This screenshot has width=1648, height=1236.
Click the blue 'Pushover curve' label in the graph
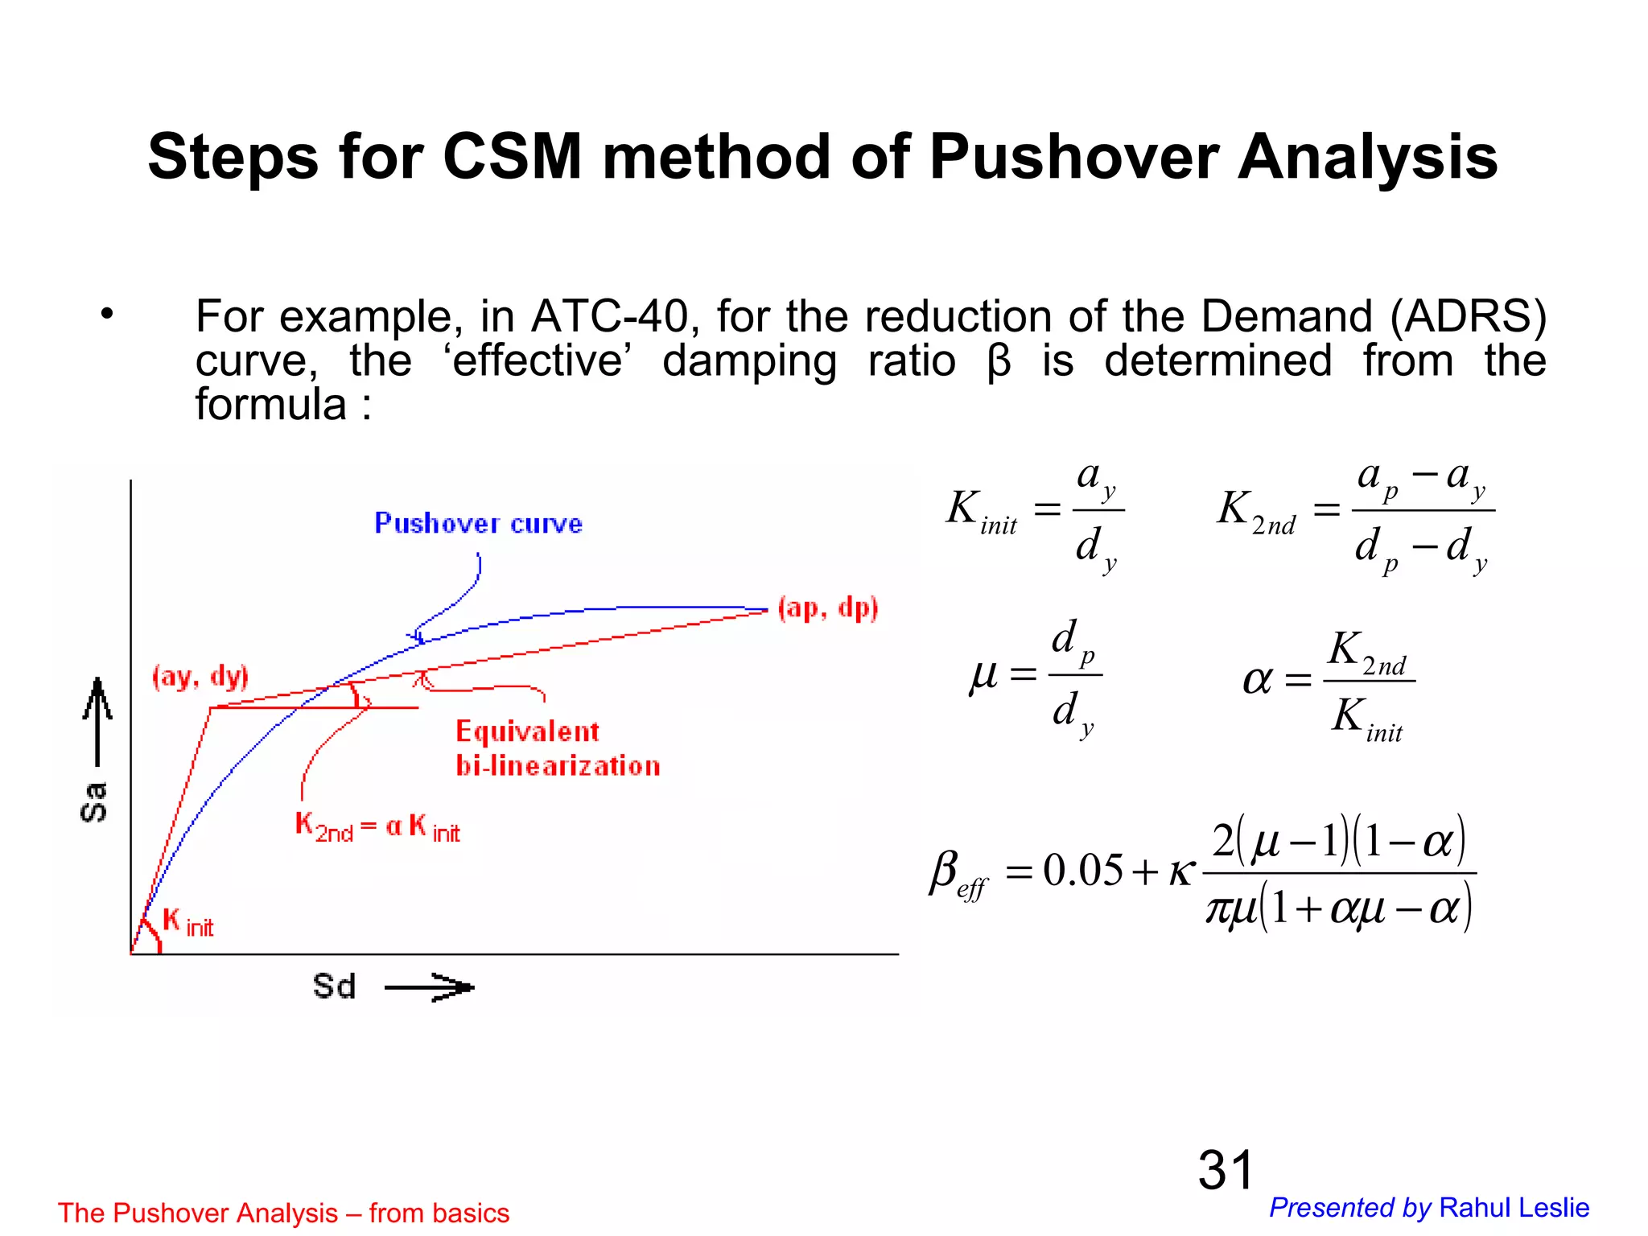click(x=478, y=524)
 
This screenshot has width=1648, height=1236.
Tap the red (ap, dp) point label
click(x=828, y=608)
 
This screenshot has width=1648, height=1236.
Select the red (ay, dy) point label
click(x=200, y=677)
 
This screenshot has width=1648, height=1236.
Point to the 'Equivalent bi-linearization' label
click(x=557, y=748)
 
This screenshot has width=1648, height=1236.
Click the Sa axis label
click(x=94, y=801)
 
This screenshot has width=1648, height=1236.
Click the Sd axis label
click(x=334, y=987)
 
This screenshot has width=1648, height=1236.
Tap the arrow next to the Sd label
click(x=430, y=987)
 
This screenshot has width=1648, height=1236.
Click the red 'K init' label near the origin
click(x=187, y=922)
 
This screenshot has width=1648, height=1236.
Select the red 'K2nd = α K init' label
click(x=377, y=827)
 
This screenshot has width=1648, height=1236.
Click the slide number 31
click(x=1226, y=1170)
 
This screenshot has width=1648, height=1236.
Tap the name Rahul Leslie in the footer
click(x=1514, y=1208)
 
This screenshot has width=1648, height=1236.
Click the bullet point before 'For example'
click(x=107, y=315)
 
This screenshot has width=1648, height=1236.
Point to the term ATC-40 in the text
click(x=609, y=316)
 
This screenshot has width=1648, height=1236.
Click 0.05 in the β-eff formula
click(x=1082, y=871)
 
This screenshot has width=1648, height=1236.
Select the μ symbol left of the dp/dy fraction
click(x=983, y=675)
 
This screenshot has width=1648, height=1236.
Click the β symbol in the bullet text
click(x=999, y=362)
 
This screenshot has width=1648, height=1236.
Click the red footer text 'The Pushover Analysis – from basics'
click(x=283, y=1213)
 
